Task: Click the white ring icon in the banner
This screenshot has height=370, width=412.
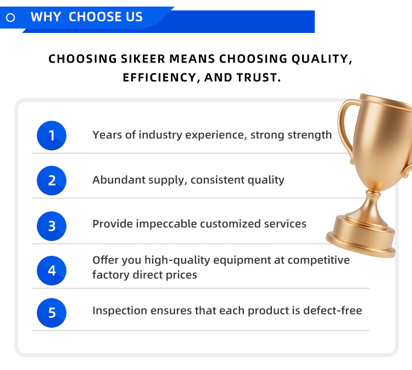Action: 10,18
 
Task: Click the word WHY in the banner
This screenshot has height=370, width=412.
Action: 46,17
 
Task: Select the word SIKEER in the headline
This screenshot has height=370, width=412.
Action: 142,59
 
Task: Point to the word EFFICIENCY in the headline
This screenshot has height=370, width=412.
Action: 159,78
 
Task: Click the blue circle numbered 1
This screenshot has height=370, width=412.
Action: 52,136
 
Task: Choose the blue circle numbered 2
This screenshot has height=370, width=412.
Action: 52,181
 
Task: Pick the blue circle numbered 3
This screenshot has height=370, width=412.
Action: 52,226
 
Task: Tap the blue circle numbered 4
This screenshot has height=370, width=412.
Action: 52,271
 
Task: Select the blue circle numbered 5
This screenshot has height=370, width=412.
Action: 52,313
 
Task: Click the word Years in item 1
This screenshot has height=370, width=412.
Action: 107,135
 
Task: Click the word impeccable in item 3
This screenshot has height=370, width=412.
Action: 166,224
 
